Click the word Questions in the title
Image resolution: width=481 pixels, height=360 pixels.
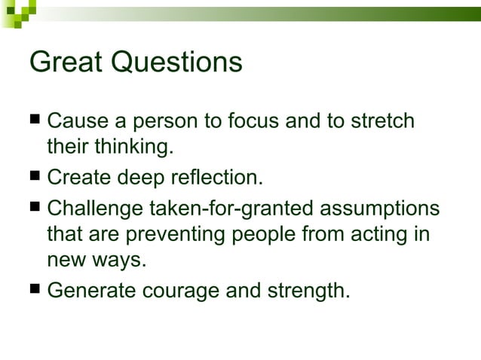click(x=177, y=63)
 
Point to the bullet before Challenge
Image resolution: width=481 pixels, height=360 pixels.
click(x=35, y=206)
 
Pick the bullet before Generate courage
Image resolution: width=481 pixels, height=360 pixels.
click(x=35, y=288)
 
